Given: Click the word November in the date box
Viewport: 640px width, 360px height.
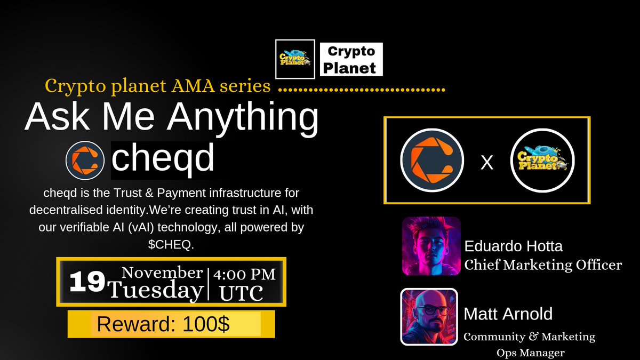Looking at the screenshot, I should (162, 273).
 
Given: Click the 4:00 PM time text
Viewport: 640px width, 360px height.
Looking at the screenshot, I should (244, 275).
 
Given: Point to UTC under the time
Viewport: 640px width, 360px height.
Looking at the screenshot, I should (243, 293).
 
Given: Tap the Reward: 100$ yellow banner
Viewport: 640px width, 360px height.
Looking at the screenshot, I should (171, 324).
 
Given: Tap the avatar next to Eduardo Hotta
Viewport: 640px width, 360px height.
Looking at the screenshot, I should (431, 245).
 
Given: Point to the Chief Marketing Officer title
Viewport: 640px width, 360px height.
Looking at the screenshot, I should (543, 265).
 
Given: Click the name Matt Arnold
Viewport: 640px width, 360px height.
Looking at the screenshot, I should (508, 314).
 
